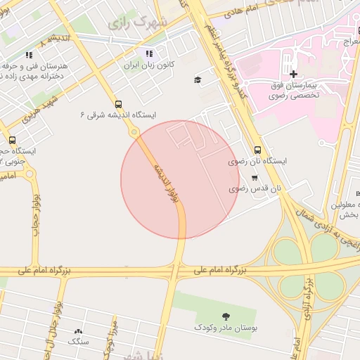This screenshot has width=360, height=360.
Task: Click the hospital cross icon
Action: [292, 74]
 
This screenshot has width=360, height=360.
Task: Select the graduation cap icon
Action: [198, 79]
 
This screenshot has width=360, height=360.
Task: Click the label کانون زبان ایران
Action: [149, 65]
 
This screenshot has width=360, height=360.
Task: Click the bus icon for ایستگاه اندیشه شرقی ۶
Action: [117, 103]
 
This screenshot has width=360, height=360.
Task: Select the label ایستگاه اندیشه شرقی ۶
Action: [118, 114]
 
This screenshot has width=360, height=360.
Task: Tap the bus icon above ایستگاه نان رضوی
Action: [257, 150]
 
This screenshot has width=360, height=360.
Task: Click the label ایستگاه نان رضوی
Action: [258, 161]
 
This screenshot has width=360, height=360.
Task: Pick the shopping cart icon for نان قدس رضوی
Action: [254, 178]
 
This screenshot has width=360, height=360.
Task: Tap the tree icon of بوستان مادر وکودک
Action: [225, 316]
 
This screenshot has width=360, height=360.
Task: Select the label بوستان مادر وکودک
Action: [225, 328]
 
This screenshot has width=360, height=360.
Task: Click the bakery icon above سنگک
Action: [78, 330]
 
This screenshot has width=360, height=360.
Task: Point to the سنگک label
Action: [78, 341]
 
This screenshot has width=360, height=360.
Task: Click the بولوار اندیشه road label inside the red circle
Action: [163, 183]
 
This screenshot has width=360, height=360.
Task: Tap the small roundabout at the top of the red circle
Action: [134, 131]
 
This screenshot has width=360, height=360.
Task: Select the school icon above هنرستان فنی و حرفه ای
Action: [29, 54]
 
